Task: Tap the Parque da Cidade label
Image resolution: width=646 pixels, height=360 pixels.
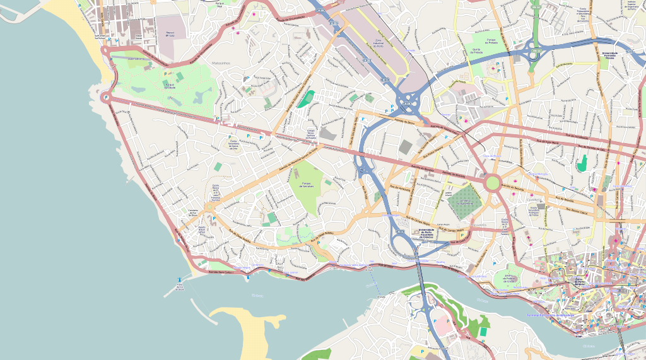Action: (x=169, y=86)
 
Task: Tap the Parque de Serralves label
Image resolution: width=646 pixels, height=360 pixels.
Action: (x=307, y=183)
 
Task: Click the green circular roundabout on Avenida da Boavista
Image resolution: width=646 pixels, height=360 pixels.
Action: (x=493, y=183)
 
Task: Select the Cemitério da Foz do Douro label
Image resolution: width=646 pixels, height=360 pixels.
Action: (x=194, y=212)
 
